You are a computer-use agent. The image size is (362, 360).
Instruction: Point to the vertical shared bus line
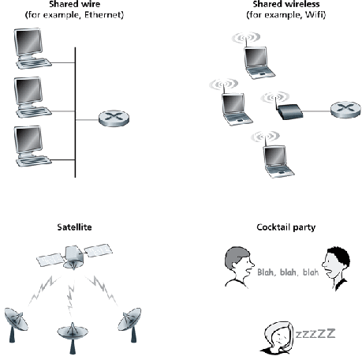[x=76, y=111]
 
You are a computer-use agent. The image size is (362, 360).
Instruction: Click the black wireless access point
[x=289, y=111]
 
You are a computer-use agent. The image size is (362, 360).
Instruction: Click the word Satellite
[x=74, y=227]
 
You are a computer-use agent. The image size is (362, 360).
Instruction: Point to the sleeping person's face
[x=276, y=337]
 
